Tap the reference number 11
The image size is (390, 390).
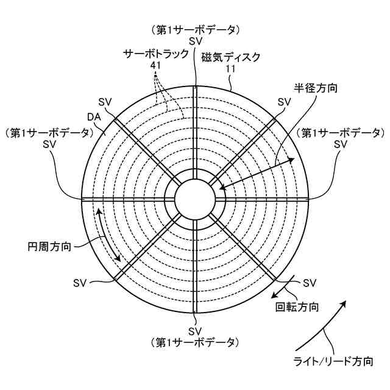[x=230, y=69]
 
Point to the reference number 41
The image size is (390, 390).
[x=155, y=65]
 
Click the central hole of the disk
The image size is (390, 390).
[x=195, y=198]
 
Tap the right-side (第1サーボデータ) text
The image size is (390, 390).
[x=340, y=133]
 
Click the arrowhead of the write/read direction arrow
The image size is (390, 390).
[x=344, y=303]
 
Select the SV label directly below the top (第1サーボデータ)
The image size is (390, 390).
[x=195, y=41]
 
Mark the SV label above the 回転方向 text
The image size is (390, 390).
[x=310, y=283]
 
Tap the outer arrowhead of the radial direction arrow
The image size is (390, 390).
[x=292, y=159]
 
